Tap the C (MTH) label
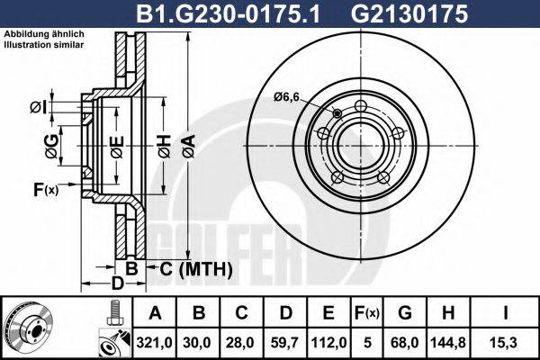[196, 268]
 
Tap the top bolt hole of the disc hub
[361, 108]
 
